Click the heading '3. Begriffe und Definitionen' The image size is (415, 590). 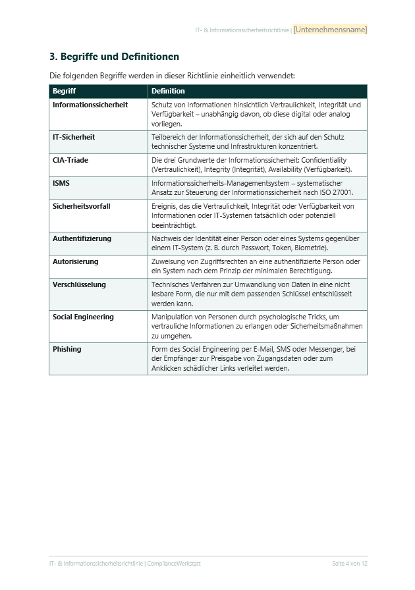coord(114,57)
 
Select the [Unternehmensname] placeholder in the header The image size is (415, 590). coord(330,30)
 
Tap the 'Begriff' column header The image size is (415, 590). coord(64,91)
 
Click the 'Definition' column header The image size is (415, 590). coord(168,91)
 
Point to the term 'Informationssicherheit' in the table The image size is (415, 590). coord(90,105)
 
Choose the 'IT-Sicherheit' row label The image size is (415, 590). coord(74,137)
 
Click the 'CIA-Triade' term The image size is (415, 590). coord(70,160)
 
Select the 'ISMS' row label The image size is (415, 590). coord(61,183)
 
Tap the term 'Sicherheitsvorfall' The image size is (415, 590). coord(82,206)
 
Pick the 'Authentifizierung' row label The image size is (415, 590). coord(82,238)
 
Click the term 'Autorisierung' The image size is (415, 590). coord(75,261)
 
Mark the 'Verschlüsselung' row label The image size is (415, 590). coord(78,284)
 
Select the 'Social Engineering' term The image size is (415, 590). coord(83,317)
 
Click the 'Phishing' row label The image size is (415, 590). coord(67,349)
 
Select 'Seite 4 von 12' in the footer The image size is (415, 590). coord(349,564)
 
